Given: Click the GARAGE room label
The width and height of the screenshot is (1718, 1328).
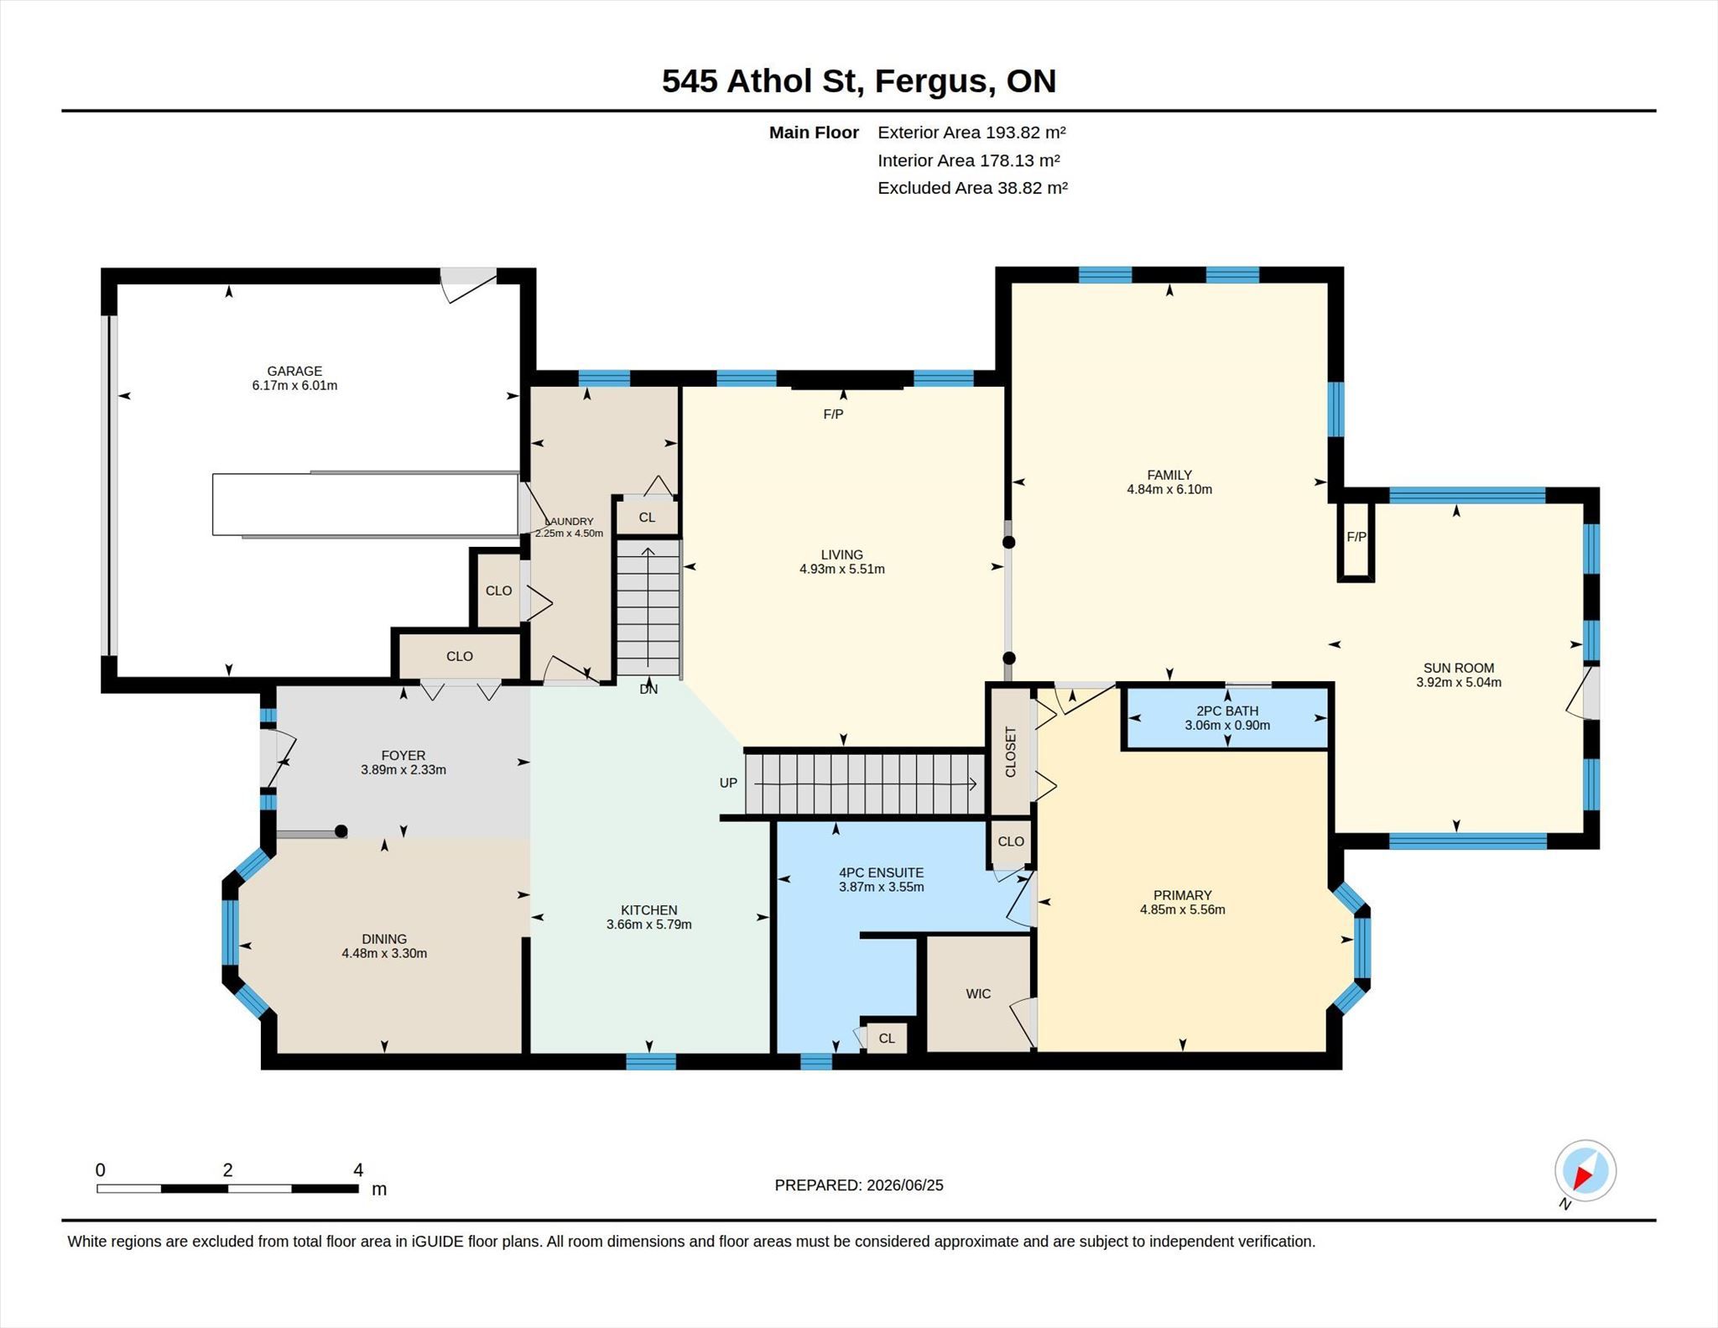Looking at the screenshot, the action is click(294, 371).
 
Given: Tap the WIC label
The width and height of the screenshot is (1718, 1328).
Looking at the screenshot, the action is click(978, 993).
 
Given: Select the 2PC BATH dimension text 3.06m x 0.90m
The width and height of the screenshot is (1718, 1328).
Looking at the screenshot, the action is click(1227, 725).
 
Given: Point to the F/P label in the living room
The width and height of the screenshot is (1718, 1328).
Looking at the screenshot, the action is click(833, 414).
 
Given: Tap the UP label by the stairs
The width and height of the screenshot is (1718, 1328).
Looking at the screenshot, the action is click(728, 783).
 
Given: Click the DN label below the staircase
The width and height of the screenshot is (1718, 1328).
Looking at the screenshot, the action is click(648, 689).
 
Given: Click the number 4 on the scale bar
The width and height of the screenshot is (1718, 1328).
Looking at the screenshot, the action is click(358, 1169).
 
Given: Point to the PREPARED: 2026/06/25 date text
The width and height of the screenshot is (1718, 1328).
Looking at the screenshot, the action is click(859, 1185).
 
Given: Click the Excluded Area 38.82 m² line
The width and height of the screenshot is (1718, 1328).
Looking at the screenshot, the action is click(972, 188).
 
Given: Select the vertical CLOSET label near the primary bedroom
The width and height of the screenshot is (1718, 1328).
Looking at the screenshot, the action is click(1010, 752).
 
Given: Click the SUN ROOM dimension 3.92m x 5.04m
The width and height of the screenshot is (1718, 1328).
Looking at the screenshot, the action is click(1459, 682).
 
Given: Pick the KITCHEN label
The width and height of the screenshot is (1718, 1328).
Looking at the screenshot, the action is click(649, 910).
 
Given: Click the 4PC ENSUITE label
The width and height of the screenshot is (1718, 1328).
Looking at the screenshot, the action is click(882, 872).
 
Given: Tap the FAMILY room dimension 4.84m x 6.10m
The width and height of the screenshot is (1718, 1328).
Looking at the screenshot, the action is click(1169, 489).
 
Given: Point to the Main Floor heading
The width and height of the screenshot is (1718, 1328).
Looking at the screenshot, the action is click(814, 133).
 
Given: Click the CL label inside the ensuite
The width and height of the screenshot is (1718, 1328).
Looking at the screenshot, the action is click(887, 1039).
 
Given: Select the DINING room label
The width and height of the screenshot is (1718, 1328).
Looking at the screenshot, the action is click(384, 939).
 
